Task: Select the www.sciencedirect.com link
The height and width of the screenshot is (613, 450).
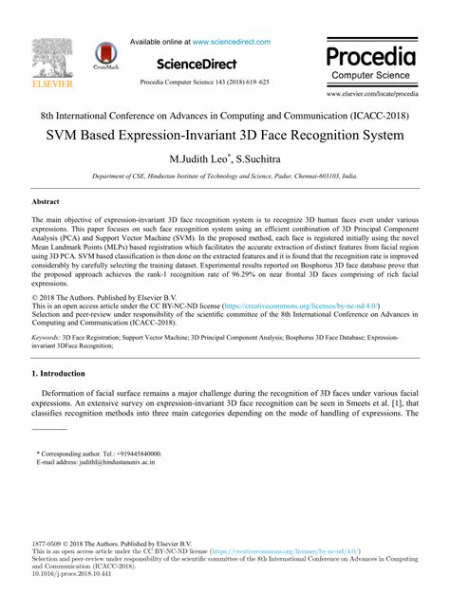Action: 232,42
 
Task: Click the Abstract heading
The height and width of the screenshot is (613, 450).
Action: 47,202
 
